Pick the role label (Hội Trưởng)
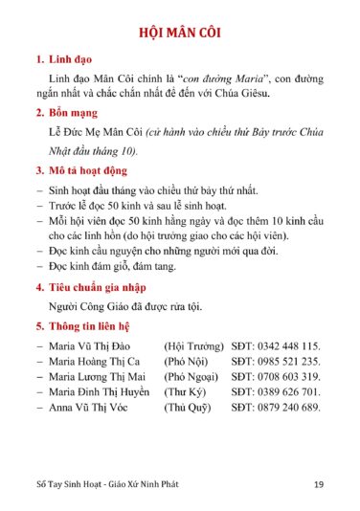[191, 344]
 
